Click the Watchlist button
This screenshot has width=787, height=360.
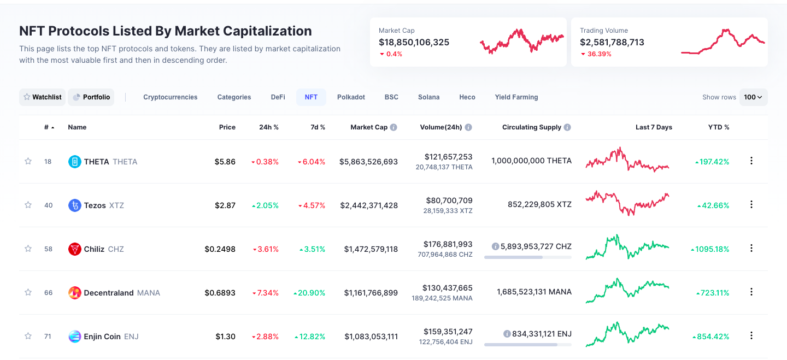[x=42, y=97]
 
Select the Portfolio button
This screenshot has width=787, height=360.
[x=91, y=97]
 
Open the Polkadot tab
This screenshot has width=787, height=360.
[x=351, y=97]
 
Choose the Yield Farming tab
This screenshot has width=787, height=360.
[x=516, y=97]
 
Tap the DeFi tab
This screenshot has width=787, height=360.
[x=278, y=97]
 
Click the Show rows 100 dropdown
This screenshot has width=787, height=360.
[x=753, y=97]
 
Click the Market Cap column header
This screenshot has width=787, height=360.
[x=369, y=127]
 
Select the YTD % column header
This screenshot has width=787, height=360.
[x=719, y=127]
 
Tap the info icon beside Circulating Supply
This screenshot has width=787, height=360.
[x=567, y=127]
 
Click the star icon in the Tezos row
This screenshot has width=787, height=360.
[x=28, y=205]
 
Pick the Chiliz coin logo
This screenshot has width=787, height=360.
[x=75, y=249]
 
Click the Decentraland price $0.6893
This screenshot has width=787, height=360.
[x=220, y=293]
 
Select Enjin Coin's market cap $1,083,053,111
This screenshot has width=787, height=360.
[x=371, y=337]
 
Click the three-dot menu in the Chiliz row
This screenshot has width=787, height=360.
[x=751, y=248]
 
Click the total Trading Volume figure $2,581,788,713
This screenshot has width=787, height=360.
[x=612, y=42]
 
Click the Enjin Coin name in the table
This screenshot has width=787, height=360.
[x=102, y=337]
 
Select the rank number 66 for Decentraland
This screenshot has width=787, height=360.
[x=48, y=293]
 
